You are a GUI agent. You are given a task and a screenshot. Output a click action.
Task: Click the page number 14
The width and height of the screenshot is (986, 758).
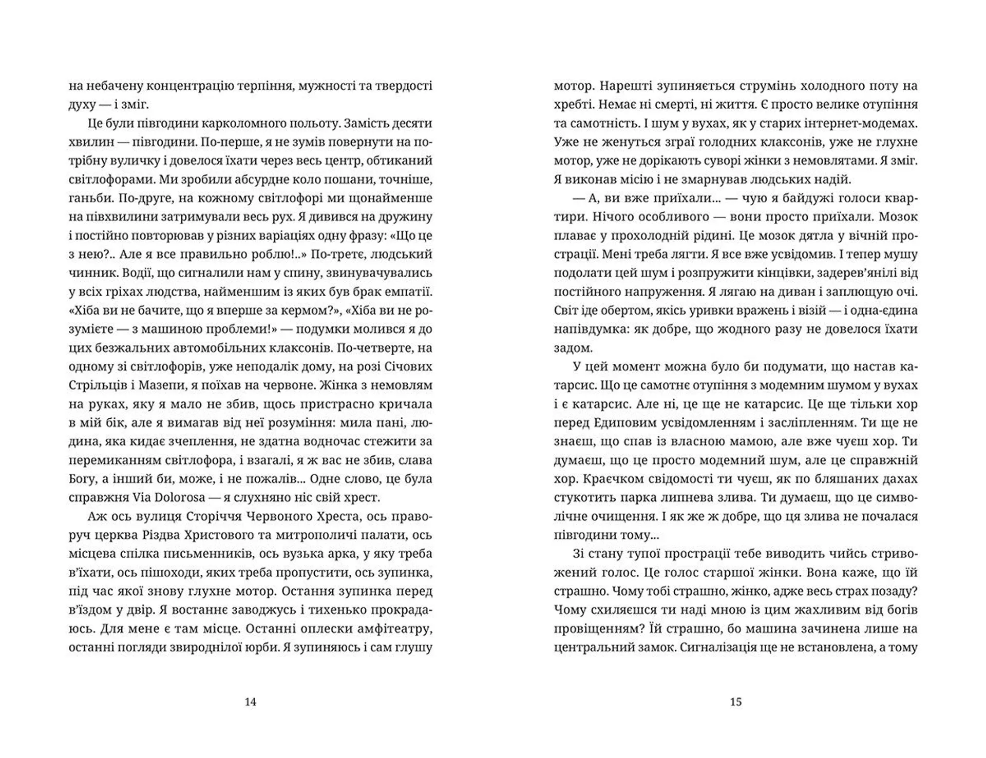tap(250, 702)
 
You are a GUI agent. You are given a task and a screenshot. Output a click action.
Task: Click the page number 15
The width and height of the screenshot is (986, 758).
tap(735, 702)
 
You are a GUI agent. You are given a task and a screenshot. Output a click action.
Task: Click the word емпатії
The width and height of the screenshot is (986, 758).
tap(407, 291)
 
